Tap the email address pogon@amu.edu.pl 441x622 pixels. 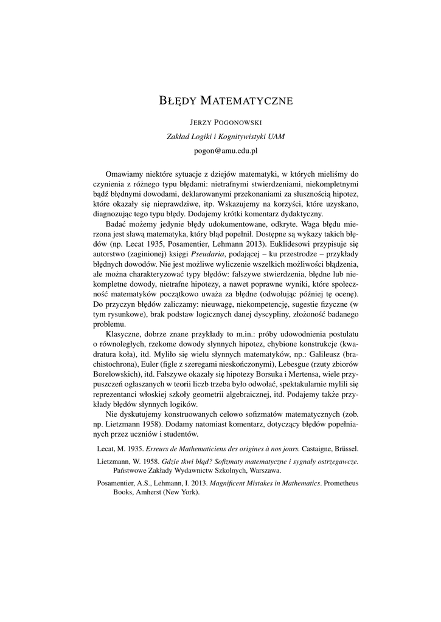(x=220, y=149)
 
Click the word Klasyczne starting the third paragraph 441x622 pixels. (x=123, y=333)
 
